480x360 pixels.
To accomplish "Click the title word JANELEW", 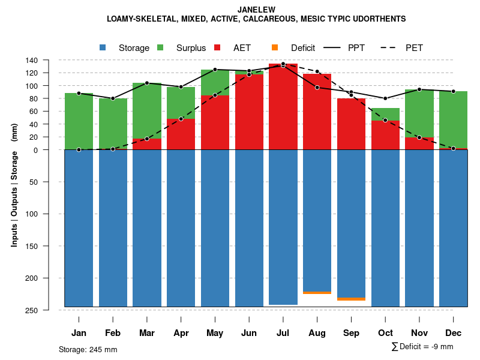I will click(256, 10).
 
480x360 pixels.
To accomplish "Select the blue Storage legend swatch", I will click(103, 48).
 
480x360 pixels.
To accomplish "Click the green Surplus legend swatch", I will click(161, 48).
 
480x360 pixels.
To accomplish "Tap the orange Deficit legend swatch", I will click(275, 48).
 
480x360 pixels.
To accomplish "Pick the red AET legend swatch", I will click(218, 48).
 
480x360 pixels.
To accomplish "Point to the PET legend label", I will click(414, 48).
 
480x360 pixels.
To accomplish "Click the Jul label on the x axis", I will click(283, 333).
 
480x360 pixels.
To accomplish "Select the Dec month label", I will click(454, 333).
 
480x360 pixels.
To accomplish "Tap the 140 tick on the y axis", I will click(32, 60).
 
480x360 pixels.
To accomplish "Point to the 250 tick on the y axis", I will click(32, 310).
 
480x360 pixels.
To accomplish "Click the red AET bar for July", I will click(283, 108).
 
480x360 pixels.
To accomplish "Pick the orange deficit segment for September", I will click(352, 299).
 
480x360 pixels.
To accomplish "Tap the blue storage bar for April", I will click(181, 228).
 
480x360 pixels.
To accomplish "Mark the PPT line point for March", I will click(147, 83).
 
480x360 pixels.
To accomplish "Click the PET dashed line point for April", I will click(181, 119).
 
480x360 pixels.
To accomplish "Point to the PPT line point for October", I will click(385, 98).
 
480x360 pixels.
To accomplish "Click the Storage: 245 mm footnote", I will click(88, 349).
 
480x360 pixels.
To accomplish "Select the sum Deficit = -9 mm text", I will click(422, 347).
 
